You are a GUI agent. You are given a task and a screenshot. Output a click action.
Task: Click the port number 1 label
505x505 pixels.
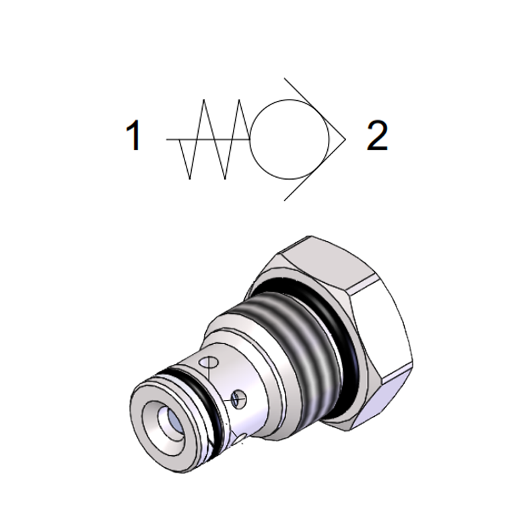point(134,135)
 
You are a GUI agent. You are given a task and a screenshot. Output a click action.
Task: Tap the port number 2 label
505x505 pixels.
point(377,135)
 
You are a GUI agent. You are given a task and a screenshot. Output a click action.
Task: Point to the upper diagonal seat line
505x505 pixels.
point(314,108)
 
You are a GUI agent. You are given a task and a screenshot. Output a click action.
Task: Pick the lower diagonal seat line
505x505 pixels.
point(314,170)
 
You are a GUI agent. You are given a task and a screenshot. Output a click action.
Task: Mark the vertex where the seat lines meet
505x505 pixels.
point(345,139)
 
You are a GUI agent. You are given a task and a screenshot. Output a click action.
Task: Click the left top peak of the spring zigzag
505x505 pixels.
point(204,100)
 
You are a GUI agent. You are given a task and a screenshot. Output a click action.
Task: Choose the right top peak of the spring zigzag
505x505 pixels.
point(239,100)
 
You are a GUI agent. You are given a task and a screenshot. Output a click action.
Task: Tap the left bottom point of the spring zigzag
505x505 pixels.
point(190,178)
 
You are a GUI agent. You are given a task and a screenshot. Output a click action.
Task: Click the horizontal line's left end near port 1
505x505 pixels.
point(166,139)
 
